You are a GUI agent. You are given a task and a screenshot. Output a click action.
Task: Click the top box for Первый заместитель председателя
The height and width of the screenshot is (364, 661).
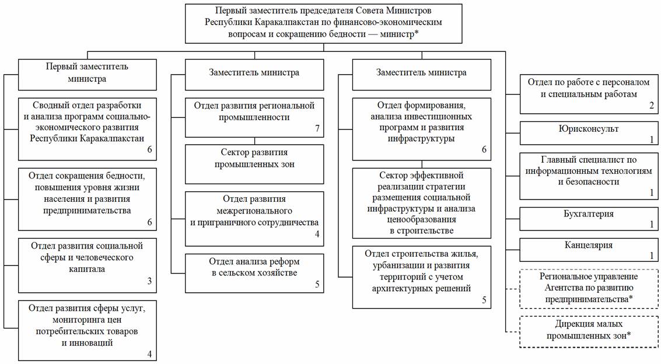click(x=323, y=23)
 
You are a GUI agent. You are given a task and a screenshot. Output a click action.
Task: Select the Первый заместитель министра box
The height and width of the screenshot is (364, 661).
click(x=88, y=75)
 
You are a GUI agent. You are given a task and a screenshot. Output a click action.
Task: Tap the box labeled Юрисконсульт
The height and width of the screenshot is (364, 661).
click(x=589, y=133)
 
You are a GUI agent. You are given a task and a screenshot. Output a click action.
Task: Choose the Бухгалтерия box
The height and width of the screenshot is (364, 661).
click(x=589, y=219)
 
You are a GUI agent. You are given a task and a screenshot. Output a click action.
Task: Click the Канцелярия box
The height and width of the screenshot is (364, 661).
click(x=589, y=250)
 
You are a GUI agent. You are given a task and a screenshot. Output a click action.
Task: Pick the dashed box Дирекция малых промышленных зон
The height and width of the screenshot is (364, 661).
click(x=589, y=332)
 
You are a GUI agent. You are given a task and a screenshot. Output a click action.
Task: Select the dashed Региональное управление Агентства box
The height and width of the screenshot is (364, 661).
click(x=589, y=289)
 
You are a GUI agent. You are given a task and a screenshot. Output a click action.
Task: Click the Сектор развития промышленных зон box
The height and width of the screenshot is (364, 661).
click(x=254, y=164)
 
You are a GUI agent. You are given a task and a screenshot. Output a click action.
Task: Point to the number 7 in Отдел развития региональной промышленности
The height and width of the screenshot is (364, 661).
click(x=317, y=128)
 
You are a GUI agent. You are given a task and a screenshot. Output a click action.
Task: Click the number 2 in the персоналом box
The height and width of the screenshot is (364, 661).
click(x=651, y=106)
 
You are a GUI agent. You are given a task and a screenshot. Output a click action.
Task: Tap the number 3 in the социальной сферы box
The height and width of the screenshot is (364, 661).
click(x=150, y=281)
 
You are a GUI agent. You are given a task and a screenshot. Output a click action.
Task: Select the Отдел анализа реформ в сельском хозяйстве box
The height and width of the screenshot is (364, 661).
click(x=254, y=273)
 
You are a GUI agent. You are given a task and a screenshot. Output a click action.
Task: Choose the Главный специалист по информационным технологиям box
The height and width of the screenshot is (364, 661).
click(x=589, y=176)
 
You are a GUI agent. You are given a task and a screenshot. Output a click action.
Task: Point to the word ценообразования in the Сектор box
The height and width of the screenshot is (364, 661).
click(x=422, y=219)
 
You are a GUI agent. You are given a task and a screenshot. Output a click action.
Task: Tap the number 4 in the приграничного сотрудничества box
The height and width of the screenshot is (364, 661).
click(x=317, y=234)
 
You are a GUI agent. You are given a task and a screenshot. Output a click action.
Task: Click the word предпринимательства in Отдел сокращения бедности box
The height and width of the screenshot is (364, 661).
click(x=87, y=210)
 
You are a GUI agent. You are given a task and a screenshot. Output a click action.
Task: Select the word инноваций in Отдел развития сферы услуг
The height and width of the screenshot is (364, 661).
click(x=88, y=342)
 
